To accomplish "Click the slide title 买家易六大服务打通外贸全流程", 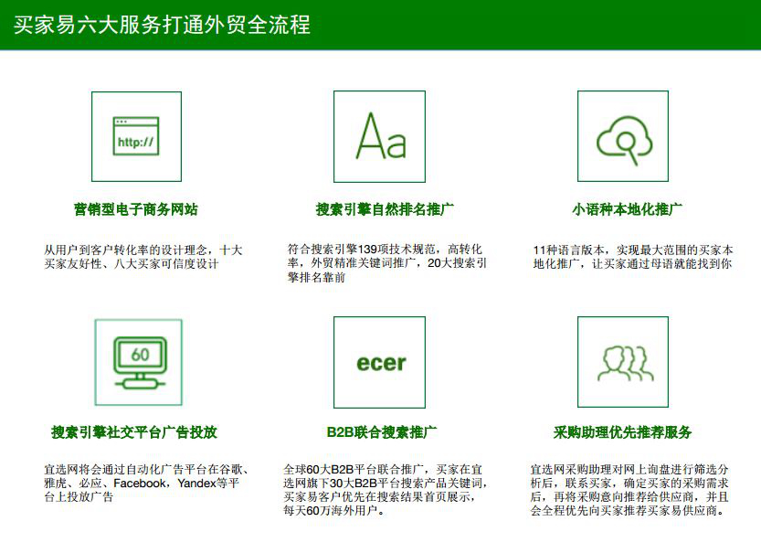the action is [x=162, y=25].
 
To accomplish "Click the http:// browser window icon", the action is [x=136, y=136].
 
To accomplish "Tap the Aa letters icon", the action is [x=380, y=136].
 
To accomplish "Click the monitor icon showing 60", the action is [x=140, y=363].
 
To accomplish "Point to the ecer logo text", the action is [x=381, y=363].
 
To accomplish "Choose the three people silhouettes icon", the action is [x=625, y=363].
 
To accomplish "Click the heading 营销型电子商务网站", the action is [x=136, y=209].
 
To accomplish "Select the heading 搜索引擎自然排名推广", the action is [x=385, y=209].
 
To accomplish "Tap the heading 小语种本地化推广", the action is [x=627, y=209].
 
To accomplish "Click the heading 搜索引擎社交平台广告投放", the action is [x=134, y=431].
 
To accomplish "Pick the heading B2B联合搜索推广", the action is [x=382, y=431].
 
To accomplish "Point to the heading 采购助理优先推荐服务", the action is [x=623, y=431].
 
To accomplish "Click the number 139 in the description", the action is [x=367, y=250].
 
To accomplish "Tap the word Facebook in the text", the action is [x=139, y=484].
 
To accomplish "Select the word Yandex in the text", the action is [x=196, y=484].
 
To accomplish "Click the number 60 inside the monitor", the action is [x=141, y=355].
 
